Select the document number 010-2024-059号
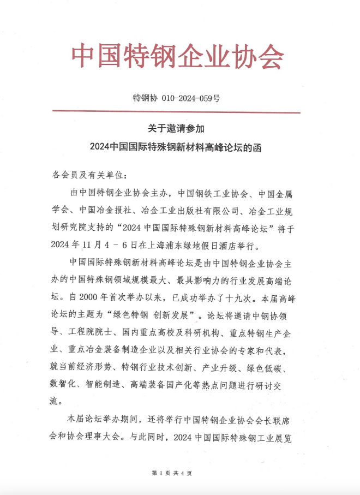191,99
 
